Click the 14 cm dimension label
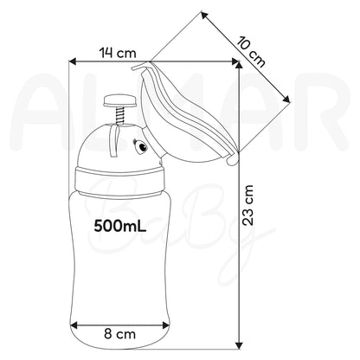tap(118, 53)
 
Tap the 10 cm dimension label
tap(251, 52)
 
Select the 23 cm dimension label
tap(247, 205)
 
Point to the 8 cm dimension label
tap(119, 334)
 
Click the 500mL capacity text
tap(120, 226)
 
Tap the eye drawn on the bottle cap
tap(141, 145)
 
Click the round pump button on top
tap(119, 101)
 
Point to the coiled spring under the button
tap(120, 115)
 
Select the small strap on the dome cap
tap(114, 141)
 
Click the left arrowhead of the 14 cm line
tap(72, 61)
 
